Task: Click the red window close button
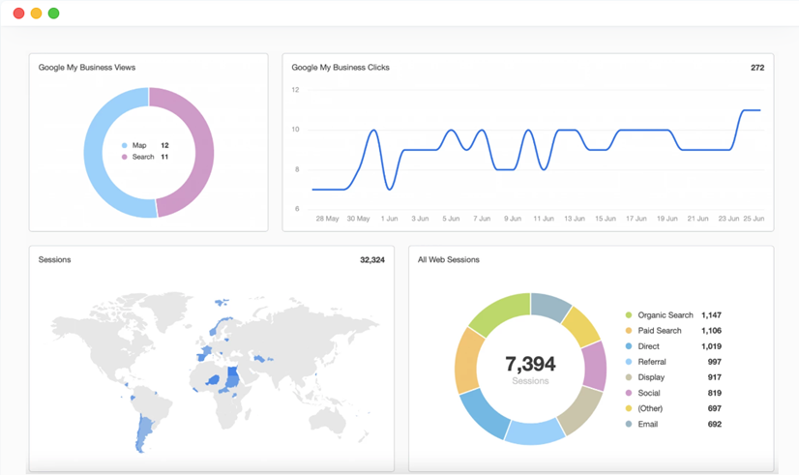[x=18, y=14]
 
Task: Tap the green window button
[x=53, y=14]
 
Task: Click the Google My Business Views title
[x=87, y=68]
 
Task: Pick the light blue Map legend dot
[x=125, y=145]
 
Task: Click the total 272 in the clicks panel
[x=757, y=68]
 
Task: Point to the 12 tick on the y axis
[x=296, y=90]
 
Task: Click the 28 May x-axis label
[x=327, y=218]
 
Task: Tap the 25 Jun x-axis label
[x=754, y=218]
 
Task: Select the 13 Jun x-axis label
[x=575, y=218]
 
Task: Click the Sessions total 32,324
[x=372, y=260]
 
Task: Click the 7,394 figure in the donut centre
[x=530, y=364]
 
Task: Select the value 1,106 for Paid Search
[x=711, y=330]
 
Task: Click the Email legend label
[x=648, y=424]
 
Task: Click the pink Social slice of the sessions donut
[x=595, y=366]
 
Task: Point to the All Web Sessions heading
[x=449, y=259]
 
